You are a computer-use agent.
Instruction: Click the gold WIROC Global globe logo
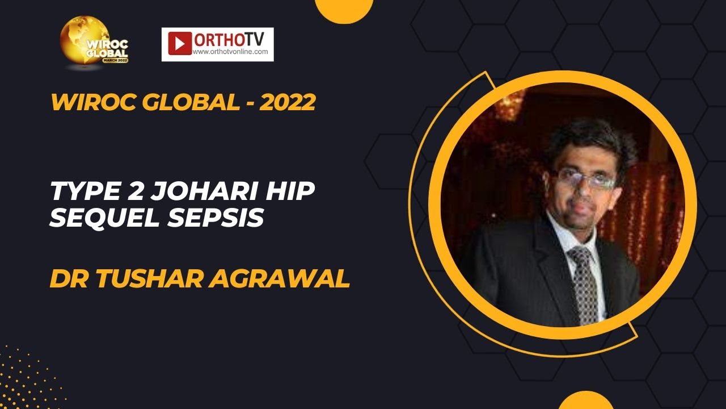(94, 43)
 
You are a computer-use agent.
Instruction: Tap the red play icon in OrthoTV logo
(180, 43)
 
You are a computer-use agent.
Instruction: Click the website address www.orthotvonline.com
(230, 52)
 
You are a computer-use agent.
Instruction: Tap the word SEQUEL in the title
(100, 219)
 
